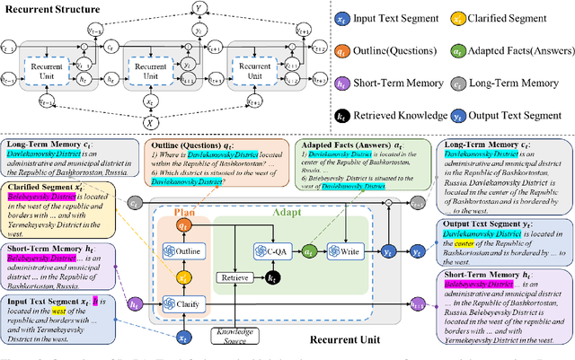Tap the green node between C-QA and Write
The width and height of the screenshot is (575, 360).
coord(310,253)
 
